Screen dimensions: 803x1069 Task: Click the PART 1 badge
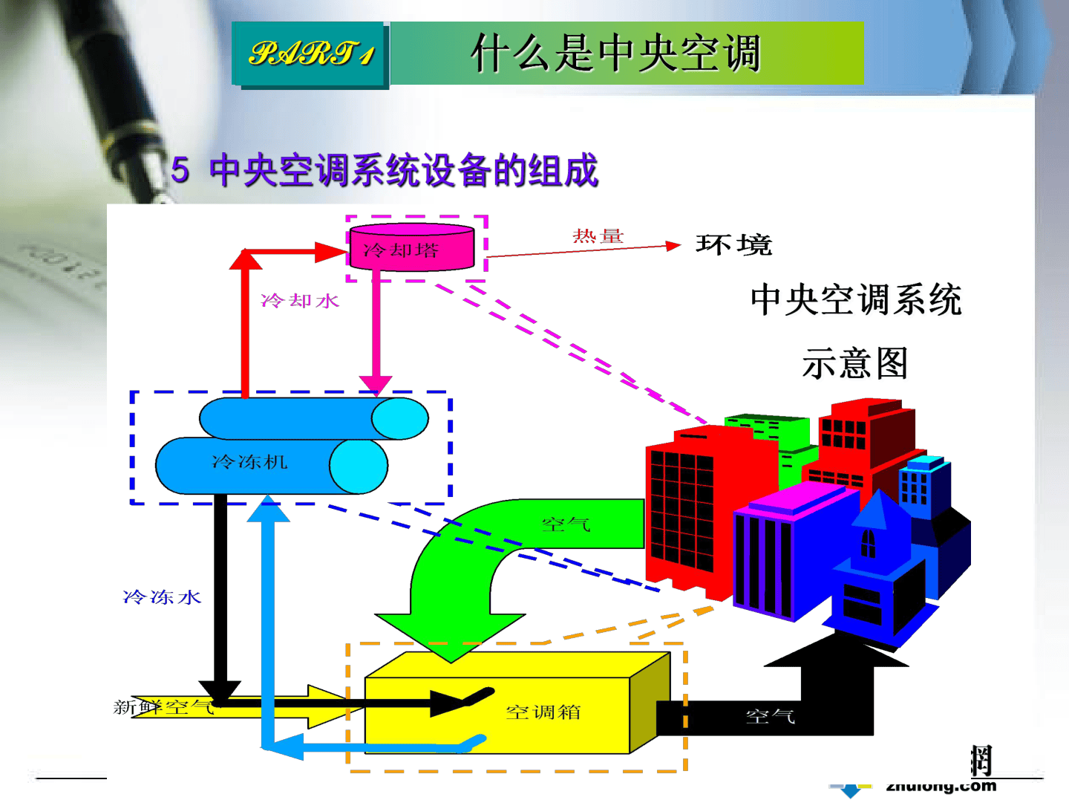(311, 53)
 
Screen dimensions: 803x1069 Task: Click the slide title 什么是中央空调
(615, 53)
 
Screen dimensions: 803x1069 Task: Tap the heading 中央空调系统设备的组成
(403, 170)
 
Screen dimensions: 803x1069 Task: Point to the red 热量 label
(598, 236)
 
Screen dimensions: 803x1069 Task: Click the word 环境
(733, 244)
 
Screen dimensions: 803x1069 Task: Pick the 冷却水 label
(300, 300)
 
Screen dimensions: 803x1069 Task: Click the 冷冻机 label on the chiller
(249, 462)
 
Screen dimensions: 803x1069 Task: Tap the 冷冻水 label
(162, 597)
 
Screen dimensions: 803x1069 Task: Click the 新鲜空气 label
(163, 706)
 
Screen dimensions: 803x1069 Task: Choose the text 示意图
(855, 364)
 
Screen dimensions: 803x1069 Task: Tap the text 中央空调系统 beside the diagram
(856, 300)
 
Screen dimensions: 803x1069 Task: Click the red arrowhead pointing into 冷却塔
(332, 253)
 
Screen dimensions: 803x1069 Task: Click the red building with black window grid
(683, 505)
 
